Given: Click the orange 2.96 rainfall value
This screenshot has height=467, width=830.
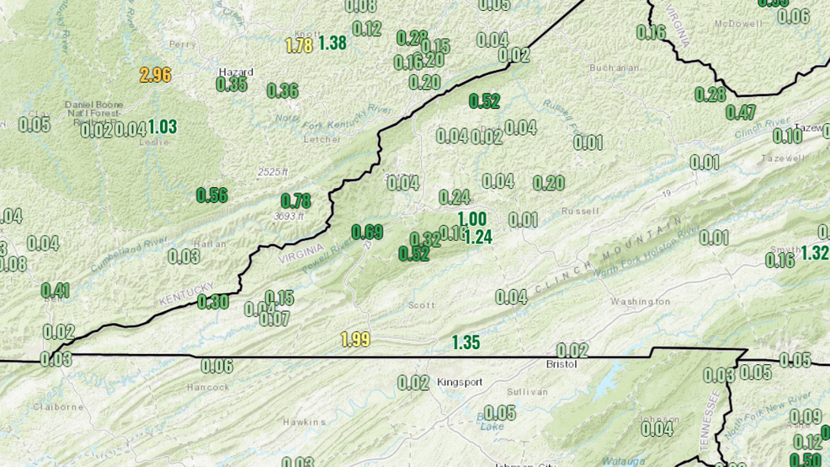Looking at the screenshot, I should tap(155, 74).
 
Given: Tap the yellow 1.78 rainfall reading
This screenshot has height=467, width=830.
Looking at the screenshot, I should tap(299, 46).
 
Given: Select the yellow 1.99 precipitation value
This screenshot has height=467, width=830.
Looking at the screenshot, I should tap(355, 340).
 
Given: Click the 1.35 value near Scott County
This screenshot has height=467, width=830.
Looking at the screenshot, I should tap(466, 342).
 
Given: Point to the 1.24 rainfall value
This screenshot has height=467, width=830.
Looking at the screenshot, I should tap(477, 237).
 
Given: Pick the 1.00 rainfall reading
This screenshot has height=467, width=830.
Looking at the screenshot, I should tap(471, 220).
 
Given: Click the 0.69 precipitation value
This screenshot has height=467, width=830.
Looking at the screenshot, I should tap(367, 232).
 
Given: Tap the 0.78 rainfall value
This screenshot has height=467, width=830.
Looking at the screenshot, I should tap(295, 201).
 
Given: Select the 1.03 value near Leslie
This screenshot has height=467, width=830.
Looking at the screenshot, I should tap(162, 127).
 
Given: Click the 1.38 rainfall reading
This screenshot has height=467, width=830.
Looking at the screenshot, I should tap(333, 43).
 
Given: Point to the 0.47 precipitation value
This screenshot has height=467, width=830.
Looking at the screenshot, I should tap(741, 112).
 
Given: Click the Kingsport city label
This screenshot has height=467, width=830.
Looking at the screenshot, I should tap(460, 382).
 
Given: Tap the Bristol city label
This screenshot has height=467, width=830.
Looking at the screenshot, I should tap(561, 364).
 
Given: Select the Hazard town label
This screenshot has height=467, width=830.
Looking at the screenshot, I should tap(235, 72).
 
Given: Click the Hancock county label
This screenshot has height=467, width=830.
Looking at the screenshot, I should tap(208, 387).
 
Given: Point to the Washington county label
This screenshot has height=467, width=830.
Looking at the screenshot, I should tap(641, 301).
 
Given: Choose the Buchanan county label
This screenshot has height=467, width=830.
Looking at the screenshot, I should tap(609, 67).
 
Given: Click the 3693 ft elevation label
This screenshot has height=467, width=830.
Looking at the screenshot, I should tap(288, 216).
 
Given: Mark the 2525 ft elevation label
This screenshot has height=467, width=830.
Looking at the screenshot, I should tap(273, 172).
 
